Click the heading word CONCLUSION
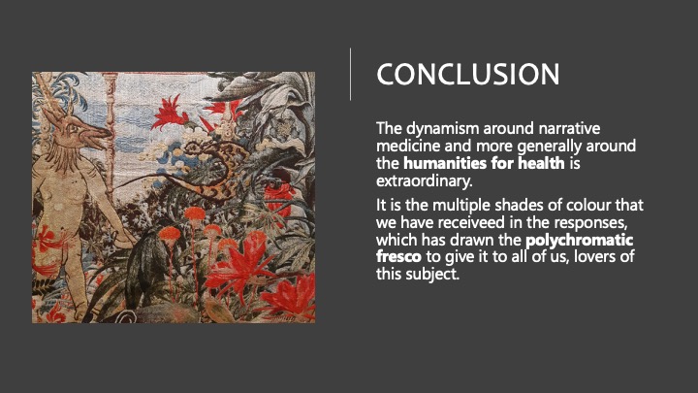point(468,74)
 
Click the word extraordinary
point(425,180)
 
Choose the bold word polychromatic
point(579,241)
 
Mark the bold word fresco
point(398,256)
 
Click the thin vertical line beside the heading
point(350,74)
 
